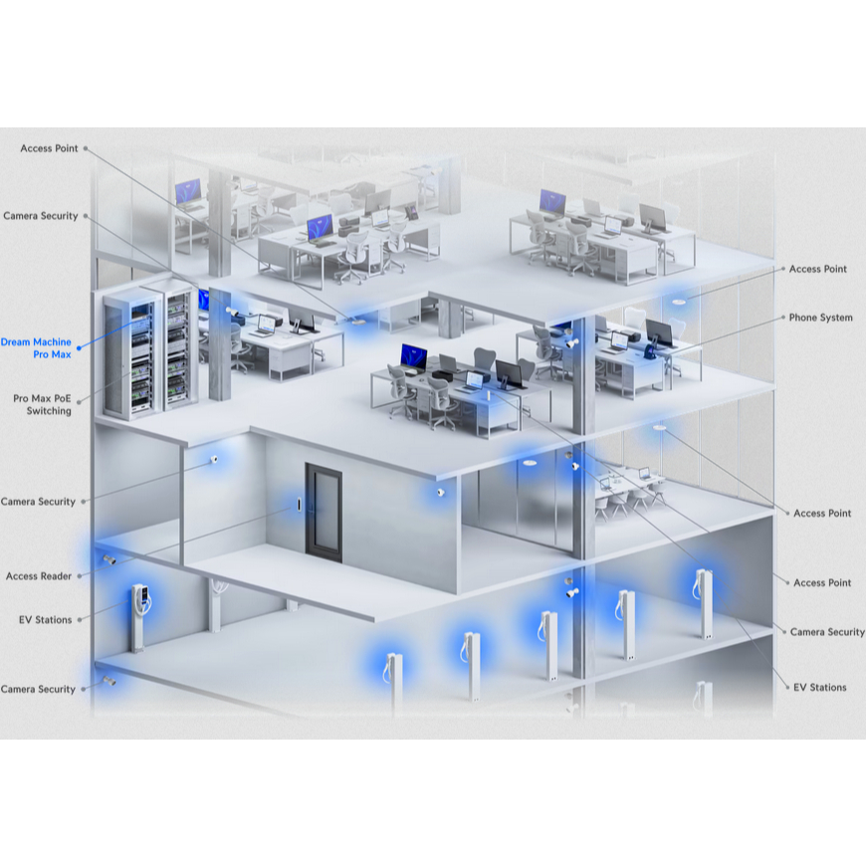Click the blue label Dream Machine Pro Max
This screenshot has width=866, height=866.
tap(36, 348)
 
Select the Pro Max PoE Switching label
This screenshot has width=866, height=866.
tap(42, 404)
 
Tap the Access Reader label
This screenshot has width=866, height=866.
tap(39, 576)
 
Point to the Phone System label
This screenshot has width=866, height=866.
tap(821, 318)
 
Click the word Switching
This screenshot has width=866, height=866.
tap(49, 411)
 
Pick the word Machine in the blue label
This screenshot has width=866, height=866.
tap(52, 341)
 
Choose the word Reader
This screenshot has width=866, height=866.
tap(57, 576)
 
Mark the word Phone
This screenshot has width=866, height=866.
tap(803, 318)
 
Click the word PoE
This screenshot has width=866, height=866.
tap(63, 398)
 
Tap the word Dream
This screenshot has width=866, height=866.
tap(15, 341)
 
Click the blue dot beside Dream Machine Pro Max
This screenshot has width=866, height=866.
tap(79, 348)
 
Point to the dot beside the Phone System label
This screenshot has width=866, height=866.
tap(783, 317)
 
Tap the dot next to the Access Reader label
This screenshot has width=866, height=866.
tap(80, 576)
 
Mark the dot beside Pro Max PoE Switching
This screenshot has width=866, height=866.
tap(79, 402)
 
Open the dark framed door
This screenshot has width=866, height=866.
tap(324, 513)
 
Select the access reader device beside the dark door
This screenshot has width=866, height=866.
tap(299, 505)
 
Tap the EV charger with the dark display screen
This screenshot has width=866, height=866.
tap(139, 617)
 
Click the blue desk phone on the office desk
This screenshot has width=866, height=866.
tap(652, 349)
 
